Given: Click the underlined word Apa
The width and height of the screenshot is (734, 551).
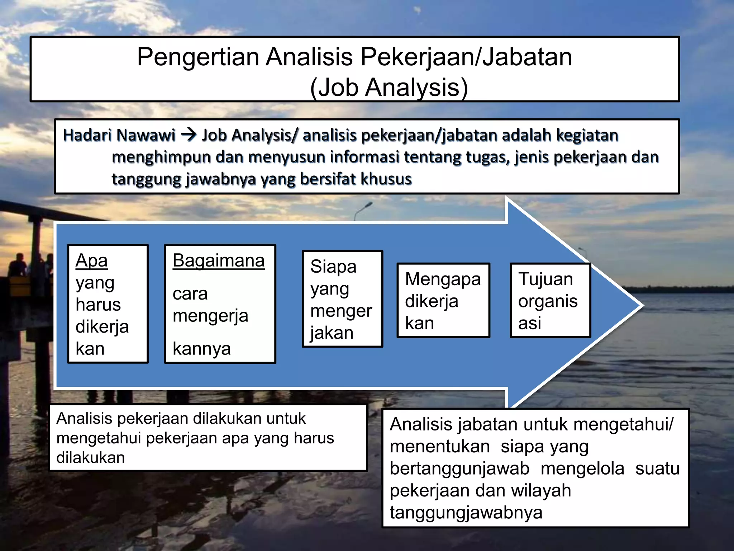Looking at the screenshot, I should coord(91,261).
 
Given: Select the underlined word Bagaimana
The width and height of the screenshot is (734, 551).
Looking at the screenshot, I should coord(218,261).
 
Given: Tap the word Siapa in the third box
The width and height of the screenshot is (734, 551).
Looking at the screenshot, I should coord(333,267).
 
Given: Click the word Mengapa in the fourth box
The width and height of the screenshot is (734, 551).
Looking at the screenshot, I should coord(443,279).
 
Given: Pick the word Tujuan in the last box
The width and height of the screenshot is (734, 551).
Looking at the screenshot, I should coord(545,279).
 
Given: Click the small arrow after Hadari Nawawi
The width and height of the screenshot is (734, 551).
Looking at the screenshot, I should coord(189,135).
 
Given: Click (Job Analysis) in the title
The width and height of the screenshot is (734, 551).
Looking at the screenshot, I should coord(389,87).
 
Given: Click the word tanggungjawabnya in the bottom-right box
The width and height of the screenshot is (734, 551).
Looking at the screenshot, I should coord(466,512).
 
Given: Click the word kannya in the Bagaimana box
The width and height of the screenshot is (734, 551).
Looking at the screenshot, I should coord(201,349).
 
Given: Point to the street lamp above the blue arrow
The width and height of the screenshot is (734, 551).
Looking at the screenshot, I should coord(368,205).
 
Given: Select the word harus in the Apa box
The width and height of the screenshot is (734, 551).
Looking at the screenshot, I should coord(98,305).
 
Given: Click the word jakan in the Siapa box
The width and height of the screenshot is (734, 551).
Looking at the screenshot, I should coord(332,333).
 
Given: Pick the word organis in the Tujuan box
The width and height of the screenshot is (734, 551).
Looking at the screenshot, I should coord(548,301).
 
